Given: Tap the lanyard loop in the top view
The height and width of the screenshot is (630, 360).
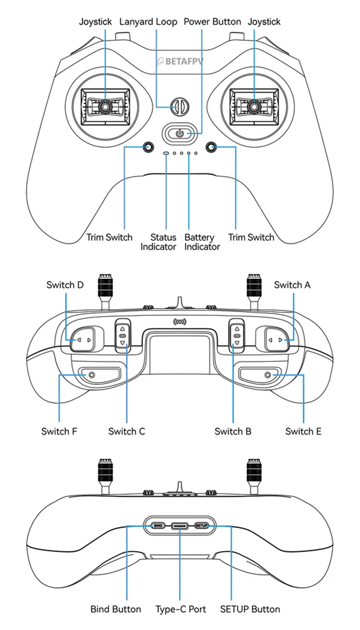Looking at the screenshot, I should coord(179,107).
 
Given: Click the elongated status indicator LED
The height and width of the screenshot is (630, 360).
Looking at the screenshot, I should coord(166,153).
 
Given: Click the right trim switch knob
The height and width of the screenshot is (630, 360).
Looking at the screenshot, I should coord(211,147).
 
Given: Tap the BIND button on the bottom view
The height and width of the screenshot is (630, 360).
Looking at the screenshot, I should coord(158,526).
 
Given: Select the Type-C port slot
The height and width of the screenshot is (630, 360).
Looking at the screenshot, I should coord(180,526).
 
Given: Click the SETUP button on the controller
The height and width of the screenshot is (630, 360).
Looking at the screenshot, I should coord(202,526).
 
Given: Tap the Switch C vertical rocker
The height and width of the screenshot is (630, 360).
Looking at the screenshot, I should coord(123,336).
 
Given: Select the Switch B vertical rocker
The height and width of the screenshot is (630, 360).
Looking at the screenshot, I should coord(237,336).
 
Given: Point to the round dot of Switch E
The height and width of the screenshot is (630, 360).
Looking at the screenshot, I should coord(267,375).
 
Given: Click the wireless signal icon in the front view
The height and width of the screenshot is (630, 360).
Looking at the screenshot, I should coord(180,321).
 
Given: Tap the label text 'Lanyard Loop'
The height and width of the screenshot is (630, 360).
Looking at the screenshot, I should coord(148,22).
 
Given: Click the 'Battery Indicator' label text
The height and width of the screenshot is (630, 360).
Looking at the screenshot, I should coord(202,242).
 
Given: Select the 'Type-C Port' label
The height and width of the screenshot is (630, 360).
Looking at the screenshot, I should coord(180,609).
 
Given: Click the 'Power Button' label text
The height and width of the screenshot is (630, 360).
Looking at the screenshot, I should coord(212,22).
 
